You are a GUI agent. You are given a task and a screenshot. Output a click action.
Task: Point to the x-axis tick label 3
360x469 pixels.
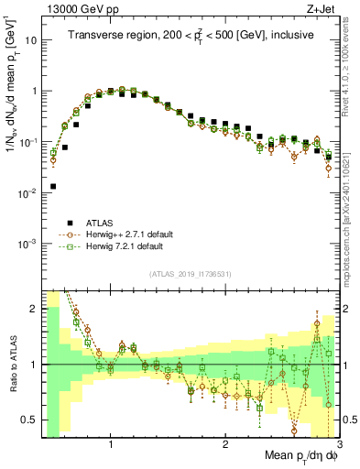pyautogui.click(x=340, y=443)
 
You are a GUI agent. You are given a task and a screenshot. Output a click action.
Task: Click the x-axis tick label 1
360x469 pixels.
pyautogui.click(x=111, y=443)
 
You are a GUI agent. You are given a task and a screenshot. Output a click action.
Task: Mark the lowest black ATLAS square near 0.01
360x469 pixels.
pyautogui.click(x=53, y=186)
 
